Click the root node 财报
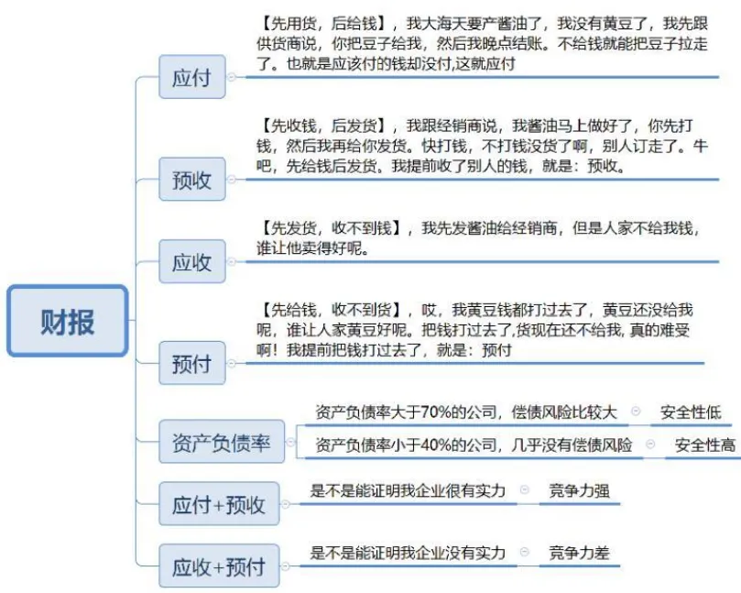coord(67,322)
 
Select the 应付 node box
coord(191,78)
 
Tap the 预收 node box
coord(191,181)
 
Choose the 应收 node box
coord(191,263)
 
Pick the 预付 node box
coord(191,364)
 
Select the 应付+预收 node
coord(219,504)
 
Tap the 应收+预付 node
coord(219,566)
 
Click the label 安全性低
coord(691,413)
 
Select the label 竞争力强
coord(579,490)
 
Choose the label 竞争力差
coord(579,553)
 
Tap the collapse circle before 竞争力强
coord(525,490)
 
